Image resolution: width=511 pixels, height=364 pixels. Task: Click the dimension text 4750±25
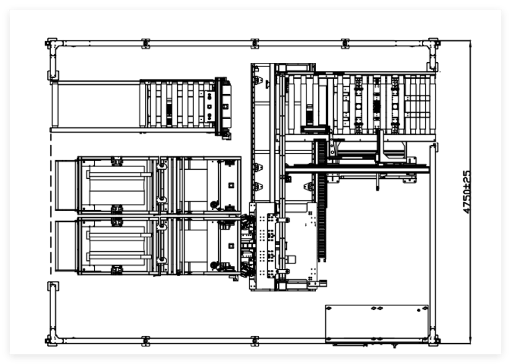click(467, 192)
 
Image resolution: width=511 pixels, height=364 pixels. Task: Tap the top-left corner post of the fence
click(52, 43)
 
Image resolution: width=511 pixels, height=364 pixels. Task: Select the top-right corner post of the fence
click(433, 43)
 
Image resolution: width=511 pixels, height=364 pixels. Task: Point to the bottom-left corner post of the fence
click(52, 341)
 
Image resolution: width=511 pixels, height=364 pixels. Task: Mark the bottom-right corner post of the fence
click(433, 341)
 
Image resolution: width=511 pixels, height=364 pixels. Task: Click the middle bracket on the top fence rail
click(255, 43)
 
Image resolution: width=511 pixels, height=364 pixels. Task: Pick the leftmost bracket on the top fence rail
click(146, 43)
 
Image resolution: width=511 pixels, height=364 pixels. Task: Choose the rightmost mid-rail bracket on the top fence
click(345, 43)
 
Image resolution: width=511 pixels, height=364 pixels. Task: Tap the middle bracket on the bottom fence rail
click(255, 341)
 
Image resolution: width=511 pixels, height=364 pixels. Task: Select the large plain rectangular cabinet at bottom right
click(377, 324)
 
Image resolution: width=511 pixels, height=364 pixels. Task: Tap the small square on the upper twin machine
click(232, 185)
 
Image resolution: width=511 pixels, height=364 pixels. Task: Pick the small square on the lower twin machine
click(232, 246)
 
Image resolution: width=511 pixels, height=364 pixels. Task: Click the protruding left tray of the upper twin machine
click(66, 185)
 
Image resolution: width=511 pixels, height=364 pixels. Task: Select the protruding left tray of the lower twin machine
click(66, 246)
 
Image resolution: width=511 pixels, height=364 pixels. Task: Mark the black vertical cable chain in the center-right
click(322, 200)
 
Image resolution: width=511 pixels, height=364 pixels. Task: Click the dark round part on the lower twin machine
click(215, 265)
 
